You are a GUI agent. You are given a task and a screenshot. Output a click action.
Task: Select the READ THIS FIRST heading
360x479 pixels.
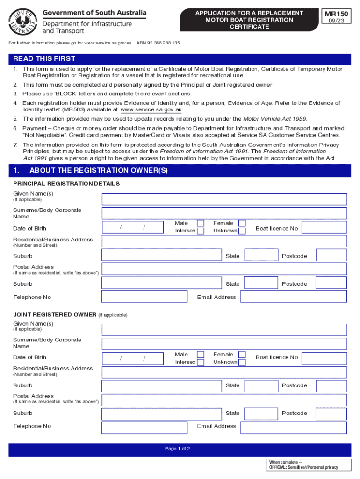point(44,59)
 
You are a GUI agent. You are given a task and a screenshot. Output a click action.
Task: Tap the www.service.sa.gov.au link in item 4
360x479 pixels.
point(151,109)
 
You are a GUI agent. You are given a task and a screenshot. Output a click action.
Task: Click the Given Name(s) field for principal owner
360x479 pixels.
point(224,199)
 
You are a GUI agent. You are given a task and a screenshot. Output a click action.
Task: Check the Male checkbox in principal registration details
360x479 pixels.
point(200,223)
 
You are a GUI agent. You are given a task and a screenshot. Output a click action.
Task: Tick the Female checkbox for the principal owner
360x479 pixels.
point(242,223)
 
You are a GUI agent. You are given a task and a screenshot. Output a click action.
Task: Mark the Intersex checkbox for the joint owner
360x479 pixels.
point(200,362)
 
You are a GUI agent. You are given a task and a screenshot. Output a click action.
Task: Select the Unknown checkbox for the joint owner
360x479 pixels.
point(242,362)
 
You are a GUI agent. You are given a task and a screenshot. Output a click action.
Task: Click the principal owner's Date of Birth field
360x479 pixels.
point(133,227)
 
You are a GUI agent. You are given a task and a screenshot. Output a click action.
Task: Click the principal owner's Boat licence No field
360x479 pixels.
point(324,228)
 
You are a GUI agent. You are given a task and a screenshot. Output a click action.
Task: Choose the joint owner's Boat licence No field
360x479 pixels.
point(324,358)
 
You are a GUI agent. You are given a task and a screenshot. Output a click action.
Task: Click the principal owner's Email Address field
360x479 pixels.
point(294,297)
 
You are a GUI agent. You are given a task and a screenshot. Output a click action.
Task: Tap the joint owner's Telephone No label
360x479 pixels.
point(32,426)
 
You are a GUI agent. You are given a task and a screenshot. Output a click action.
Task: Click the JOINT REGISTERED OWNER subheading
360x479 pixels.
point(55,315)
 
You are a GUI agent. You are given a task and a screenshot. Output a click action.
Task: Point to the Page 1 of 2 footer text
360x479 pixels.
point(178,449)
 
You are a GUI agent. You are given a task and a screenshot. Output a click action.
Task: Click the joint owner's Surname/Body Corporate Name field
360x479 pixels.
point(224,344)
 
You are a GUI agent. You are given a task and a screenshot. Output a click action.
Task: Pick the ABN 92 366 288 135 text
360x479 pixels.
point(158,43)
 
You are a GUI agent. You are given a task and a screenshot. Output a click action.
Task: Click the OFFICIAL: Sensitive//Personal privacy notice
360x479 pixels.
point(303,467)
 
